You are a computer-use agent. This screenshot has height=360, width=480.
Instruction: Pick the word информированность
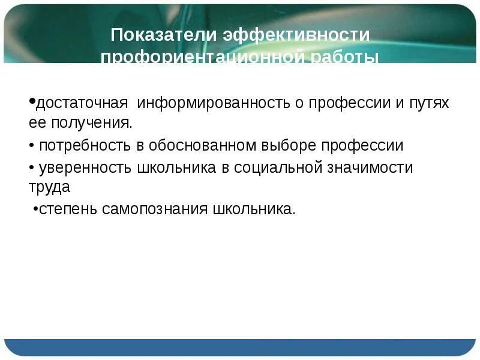click(x=207, y=103)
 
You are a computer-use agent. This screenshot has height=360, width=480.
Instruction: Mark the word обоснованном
click(x=210, y=146)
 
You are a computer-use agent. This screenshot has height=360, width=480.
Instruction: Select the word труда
click(x=49, y=187)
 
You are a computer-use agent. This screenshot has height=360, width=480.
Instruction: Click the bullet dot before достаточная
click(x=32, y=101)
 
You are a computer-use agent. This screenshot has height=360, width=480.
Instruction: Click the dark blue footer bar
click(x=240, y=347)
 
